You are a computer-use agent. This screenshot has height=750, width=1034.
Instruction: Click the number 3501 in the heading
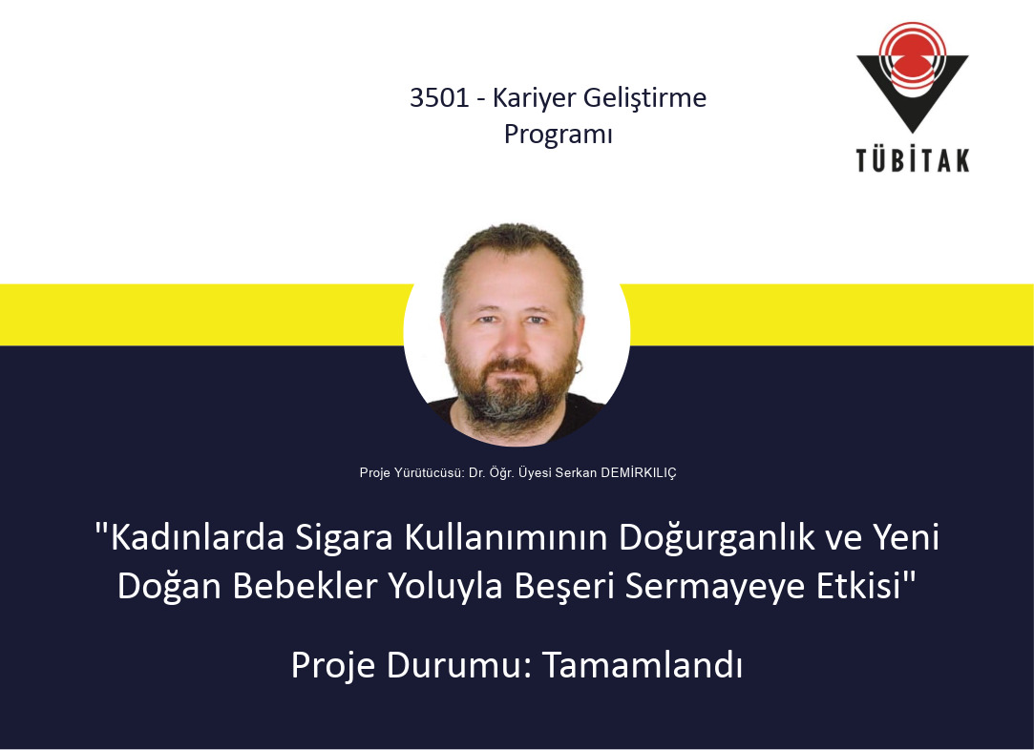[x=439, y=98]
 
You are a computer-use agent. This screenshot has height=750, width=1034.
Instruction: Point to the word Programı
[x=559, y=135]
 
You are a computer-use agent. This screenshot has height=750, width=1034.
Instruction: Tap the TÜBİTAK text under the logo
[x=913, y=160]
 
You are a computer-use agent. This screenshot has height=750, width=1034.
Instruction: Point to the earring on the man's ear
[x=579, y=366]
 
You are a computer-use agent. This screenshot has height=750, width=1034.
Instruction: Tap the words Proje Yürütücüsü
[x=412, y=472]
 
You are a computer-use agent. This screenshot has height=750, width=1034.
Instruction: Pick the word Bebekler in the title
[x=306, y=586]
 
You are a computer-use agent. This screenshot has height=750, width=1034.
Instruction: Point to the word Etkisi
[x=859, y=586]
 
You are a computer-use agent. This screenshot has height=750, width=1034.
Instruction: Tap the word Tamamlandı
[x=643, y=665]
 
